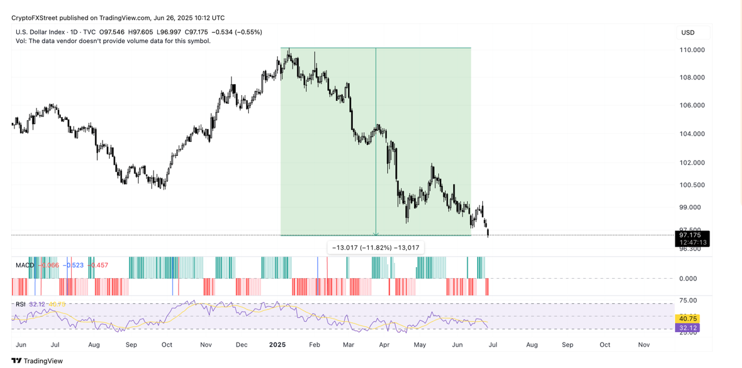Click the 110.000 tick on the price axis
pos(692,50)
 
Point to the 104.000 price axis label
pos(692,134)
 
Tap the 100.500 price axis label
pos(692,185)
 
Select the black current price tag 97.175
pos(691,235)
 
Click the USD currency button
pos(688,32)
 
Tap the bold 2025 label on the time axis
pos(278,345)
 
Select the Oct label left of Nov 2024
pos(167,345)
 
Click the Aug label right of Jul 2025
pos(532,345)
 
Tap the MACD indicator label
pos(24,265)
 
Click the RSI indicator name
pos(20,304)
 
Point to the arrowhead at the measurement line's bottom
pos(376,234)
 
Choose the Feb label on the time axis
pos(315,345)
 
